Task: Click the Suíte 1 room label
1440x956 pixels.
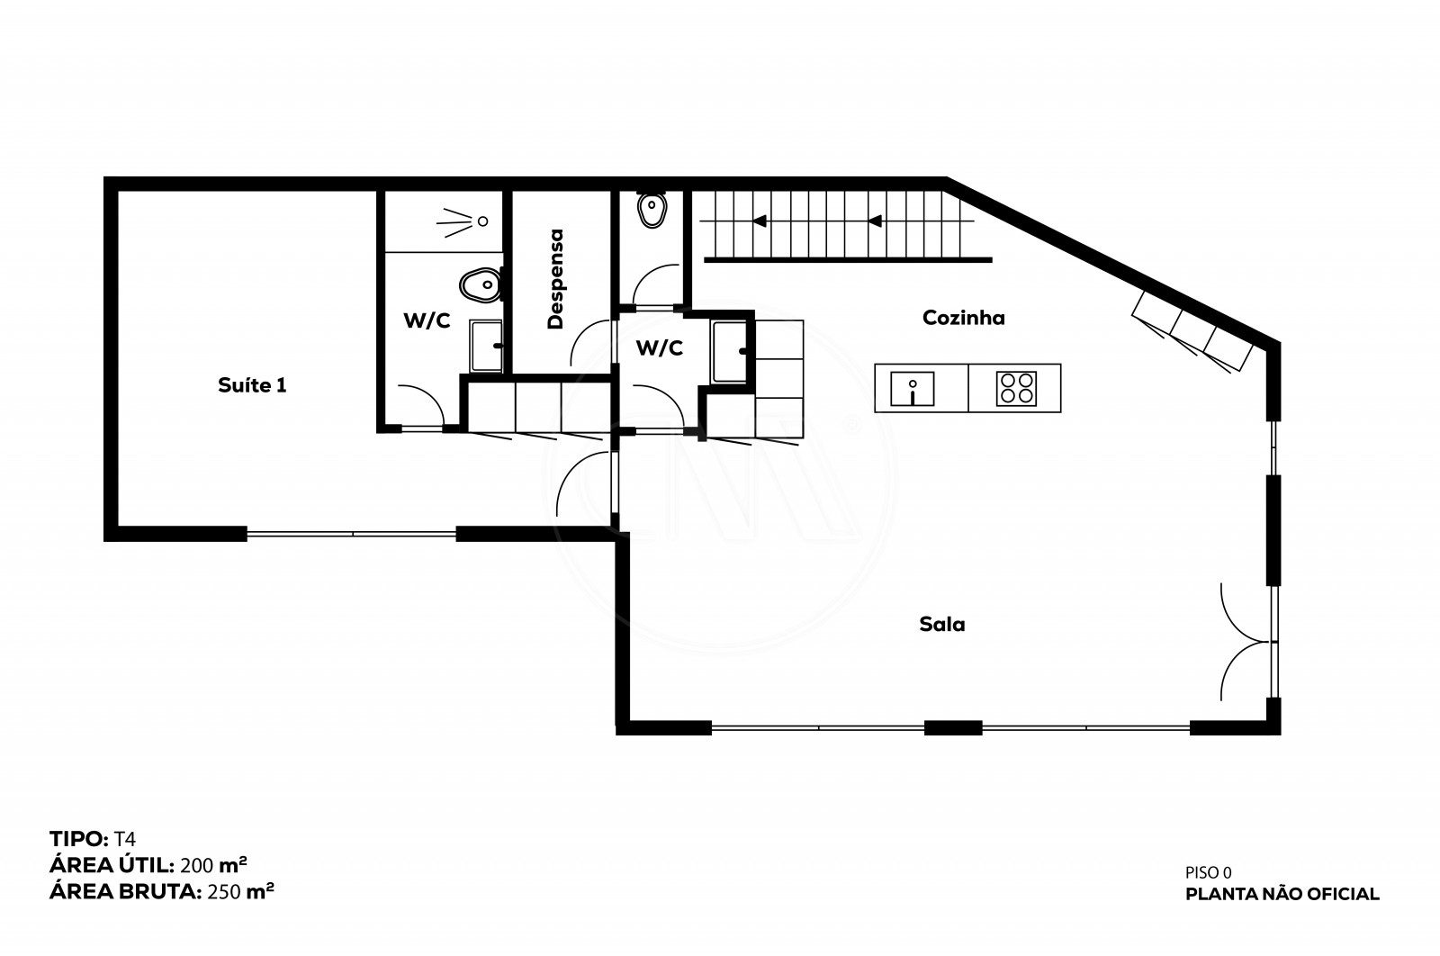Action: pyautogui.click(x=252, y=385)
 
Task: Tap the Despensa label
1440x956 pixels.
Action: pyautogui.click(x=555, y=279)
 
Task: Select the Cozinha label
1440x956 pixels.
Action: pyautogui.click(x=964, y=318)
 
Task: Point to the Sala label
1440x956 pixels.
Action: pyautogui.click(x=941, y=624)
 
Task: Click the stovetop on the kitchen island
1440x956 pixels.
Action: pyautogui.click(x=1016, y=388)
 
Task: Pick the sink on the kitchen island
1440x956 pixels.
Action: pyautogui.click(x=913, y=389)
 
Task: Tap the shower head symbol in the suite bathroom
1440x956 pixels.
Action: pyautogui.click(x=463, y=221)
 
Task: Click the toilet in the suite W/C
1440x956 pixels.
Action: pyautogui.click(x=481, y=285)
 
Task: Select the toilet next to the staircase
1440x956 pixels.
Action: pyautogui.click(x=652, y=209)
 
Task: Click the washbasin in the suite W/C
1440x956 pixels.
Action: pyautogui.click(x=486, y=346)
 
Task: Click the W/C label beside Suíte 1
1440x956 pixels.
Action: pyautogui.click(x=427, y=320)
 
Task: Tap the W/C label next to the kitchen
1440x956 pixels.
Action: pyautogui.click(x=660, y=347)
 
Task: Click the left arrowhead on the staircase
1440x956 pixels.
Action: pyautogui.click(x=760, y=221)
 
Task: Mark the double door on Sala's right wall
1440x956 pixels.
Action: pyautogui.click(x=1247, y=642)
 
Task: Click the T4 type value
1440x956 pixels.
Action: pyautogui.click(x=125, y=839)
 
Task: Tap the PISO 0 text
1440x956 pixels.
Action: pyautogui.click(x=1209, y=872)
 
